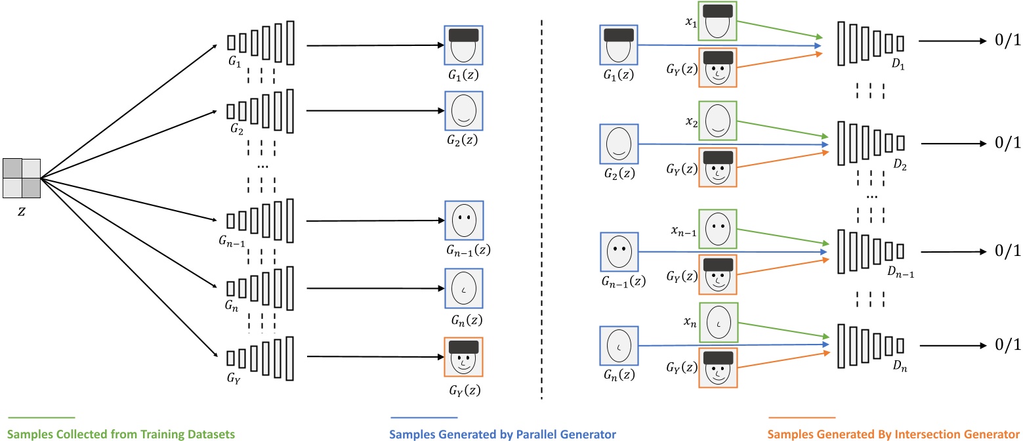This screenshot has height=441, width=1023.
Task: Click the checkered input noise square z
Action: pyautogui.click(x=22, y=177)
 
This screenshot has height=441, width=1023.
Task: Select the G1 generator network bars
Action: pyautogui.click(x=261, y=41)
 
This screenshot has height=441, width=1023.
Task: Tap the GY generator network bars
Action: pyautogui.click(x=261, y=357)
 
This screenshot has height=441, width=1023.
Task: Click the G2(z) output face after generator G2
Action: pyautogui.click(x=464, y=110)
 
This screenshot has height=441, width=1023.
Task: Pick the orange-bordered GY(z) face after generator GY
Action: pyautogui.click(x=464, y=357)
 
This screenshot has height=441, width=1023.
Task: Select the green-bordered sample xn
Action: pyautogui.click(x=717, y=322)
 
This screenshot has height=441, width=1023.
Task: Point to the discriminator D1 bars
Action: pyautogui.click(x=871, y=43)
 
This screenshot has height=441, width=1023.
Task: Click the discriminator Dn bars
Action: pyautogui.click(x=871, y=346)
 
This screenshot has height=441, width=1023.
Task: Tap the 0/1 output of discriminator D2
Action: pyautogui.click(x=1003, y=143)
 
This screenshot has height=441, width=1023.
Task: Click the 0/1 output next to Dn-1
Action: pyautogui.click(x=1003, y=251)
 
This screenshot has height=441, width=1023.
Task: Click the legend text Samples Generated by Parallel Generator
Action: pyautogui.click(x=503, y=434)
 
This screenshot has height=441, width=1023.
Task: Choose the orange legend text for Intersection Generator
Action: pyautogui.click(x=894, y=434)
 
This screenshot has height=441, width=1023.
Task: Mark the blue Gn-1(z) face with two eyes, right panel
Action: pyautogui.click(x=619, y=251)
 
